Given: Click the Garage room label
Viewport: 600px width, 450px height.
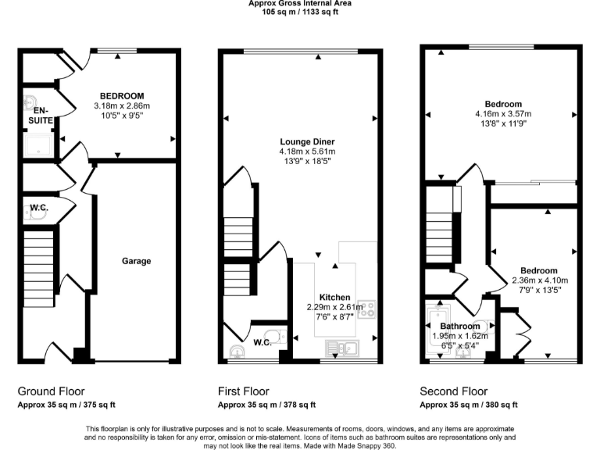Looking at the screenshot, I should pyautogui.click(x=136, y=261).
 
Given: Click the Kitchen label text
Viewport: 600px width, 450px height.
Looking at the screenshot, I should pyautogui.click(x=334, y=298).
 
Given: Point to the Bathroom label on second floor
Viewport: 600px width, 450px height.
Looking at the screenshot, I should pyautogui.click(x=459, y=326).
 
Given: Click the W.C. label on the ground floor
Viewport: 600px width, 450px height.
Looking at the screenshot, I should pyautogui.click(x=40, y=208).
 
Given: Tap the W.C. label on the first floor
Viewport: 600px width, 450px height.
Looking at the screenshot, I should pyautogui.click(x=262, y=341).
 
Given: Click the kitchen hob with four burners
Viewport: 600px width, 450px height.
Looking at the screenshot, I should pyautogui.click(x=370, y=308).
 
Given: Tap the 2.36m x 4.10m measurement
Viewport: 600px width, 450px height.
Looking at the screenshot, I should pyautogui.click(x=539, y=280).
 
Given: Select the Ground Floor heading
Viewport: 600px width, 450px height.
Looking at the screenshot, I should pyautogui.click(x=51, y=391).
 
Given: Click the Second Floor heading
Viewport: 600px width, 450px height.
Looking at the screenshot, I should pyautogui.click(x=454, y=391).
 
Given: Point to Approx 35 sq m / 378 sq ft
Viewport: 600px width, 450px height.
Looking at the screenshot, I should pyautogui.click(x=266, y=405).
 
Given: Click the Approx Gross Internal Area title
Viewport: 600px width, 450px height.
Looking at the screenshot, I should pyautogui.click(x=299, y=4).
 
